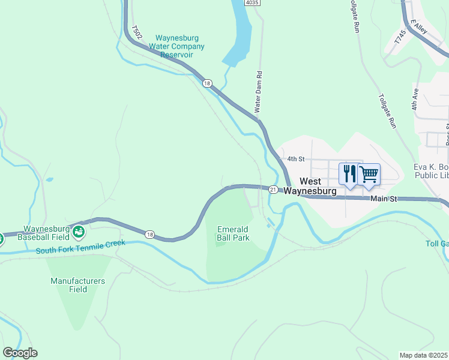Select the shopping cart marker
[369, 174]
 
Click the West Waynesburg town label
[318, 186]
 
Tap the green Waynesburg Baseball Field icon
[78, 232]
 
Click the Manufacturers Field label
[77, 285]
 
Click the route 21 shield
[273, 190]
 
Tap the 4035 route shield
[253, 3]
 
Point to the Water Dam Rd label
[259, 94]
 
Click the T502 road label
[136, 32]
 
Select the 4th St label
[297, 159]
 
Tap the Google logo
[20, 353]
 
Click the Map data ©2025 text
[424, 355]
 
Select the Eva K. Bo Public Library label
[431, 171]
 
